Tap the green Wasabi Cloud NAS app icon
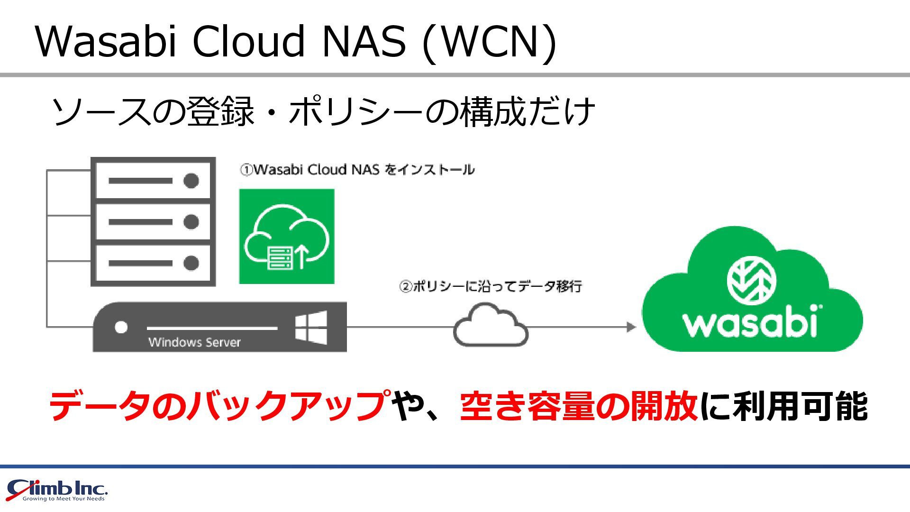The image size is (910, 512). tap(287, 237)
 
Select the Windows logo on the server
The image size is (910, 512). tap(311, 327)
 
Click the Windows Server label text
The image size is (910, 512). tap(194, 342)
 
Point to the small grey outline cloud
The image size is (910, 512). tap(491, 326)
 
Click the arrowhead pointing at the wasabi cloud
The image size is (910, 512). tap(631, 327)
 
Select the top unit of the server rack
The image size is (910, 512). tap(153, 181)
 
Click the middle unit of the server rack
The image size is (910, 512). tap(153, 222)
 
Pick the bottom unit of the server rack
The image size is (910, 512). tap(153, 263)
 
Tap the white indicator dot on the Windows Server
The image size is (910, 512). tap(121, 328)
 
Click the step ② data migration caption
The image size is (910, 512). tap(491, 286)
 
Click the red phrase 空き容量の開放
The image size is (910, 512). tap(578, 406)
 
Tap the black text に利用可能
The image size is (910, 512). tap(784, 406)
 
